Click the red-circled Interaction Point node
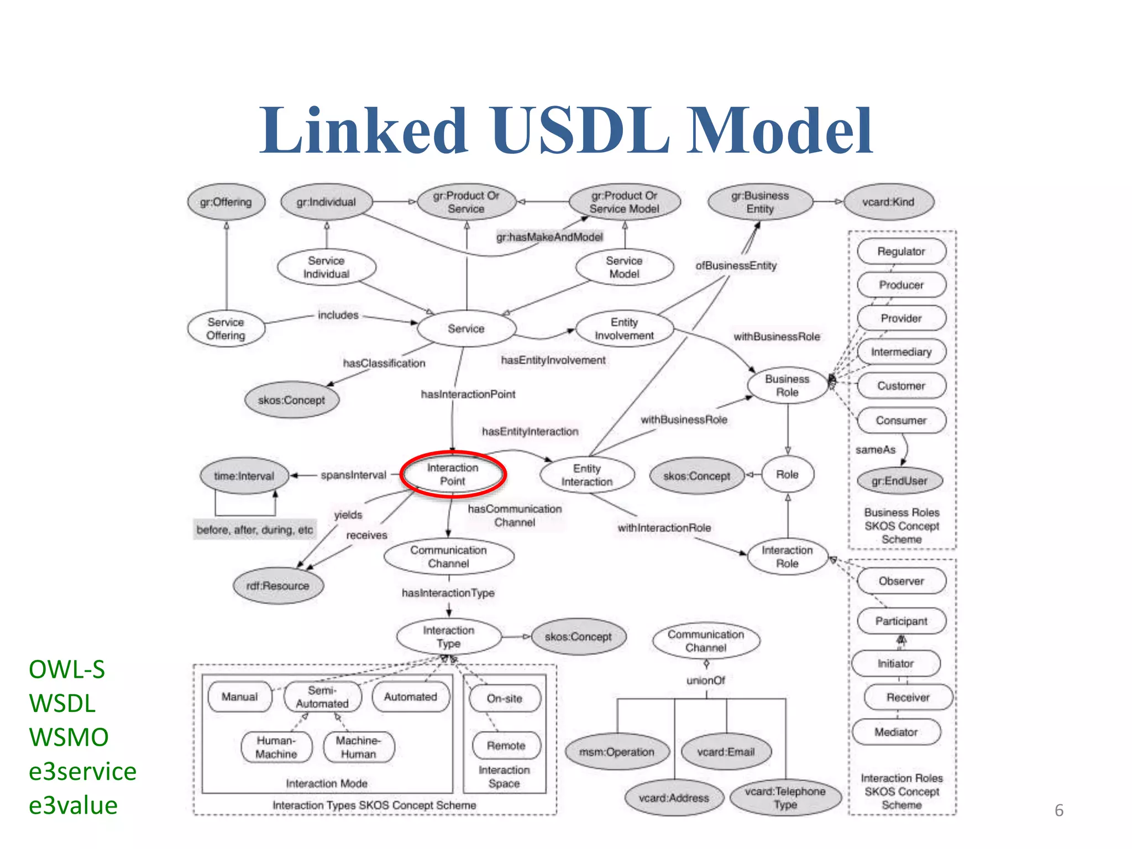[453, 474]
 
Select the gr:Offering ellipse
[226, 202]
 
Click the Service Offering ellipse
[226, 329]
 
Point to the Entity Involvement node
[624, 329]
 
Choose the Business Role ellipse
[787, 386]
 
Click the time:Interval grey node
[244, 476]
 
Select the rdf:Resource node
[277, 586]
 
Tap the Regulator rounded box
[901, 251]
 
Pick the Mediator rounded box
[896, 732]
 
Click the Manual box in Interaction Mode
[240, 697]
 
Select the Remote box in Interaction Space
[506, 746]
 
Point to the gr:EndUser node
[899, 481]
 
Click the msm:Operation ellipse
[617, 752]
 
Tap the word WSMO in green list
[69, 737]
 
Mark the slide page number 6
[1059, 810]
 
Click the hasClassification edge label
[384, 363]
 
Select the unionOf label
[706, 680]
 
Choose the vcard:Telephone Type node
[785, 798]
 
